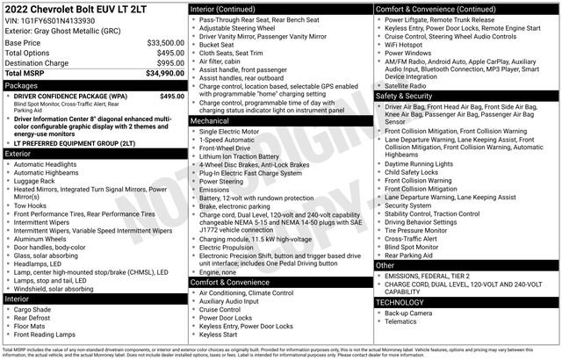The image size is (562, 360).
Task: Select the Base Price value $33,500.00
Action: point(165,42)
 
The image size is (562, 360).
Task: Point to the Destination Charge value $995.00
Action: point(169,63)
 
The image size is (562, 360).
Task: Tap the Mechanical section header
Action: point(212,121)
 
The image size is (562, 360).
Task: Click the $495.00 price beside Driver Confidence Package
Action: point(172,97)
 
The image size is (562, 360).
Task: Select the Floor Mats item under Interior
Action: point(33,326)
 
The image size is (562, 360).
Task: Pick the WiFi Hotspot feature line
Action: point(407,43)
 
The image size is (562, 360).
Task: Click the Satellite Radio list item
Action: point(409,85)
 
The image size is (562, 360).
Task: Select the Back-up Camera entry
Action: point(410,313)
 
